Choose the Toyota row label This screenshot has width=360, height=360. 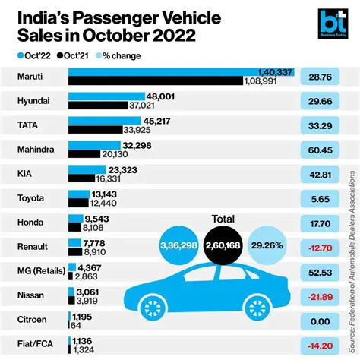point(31,199)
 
